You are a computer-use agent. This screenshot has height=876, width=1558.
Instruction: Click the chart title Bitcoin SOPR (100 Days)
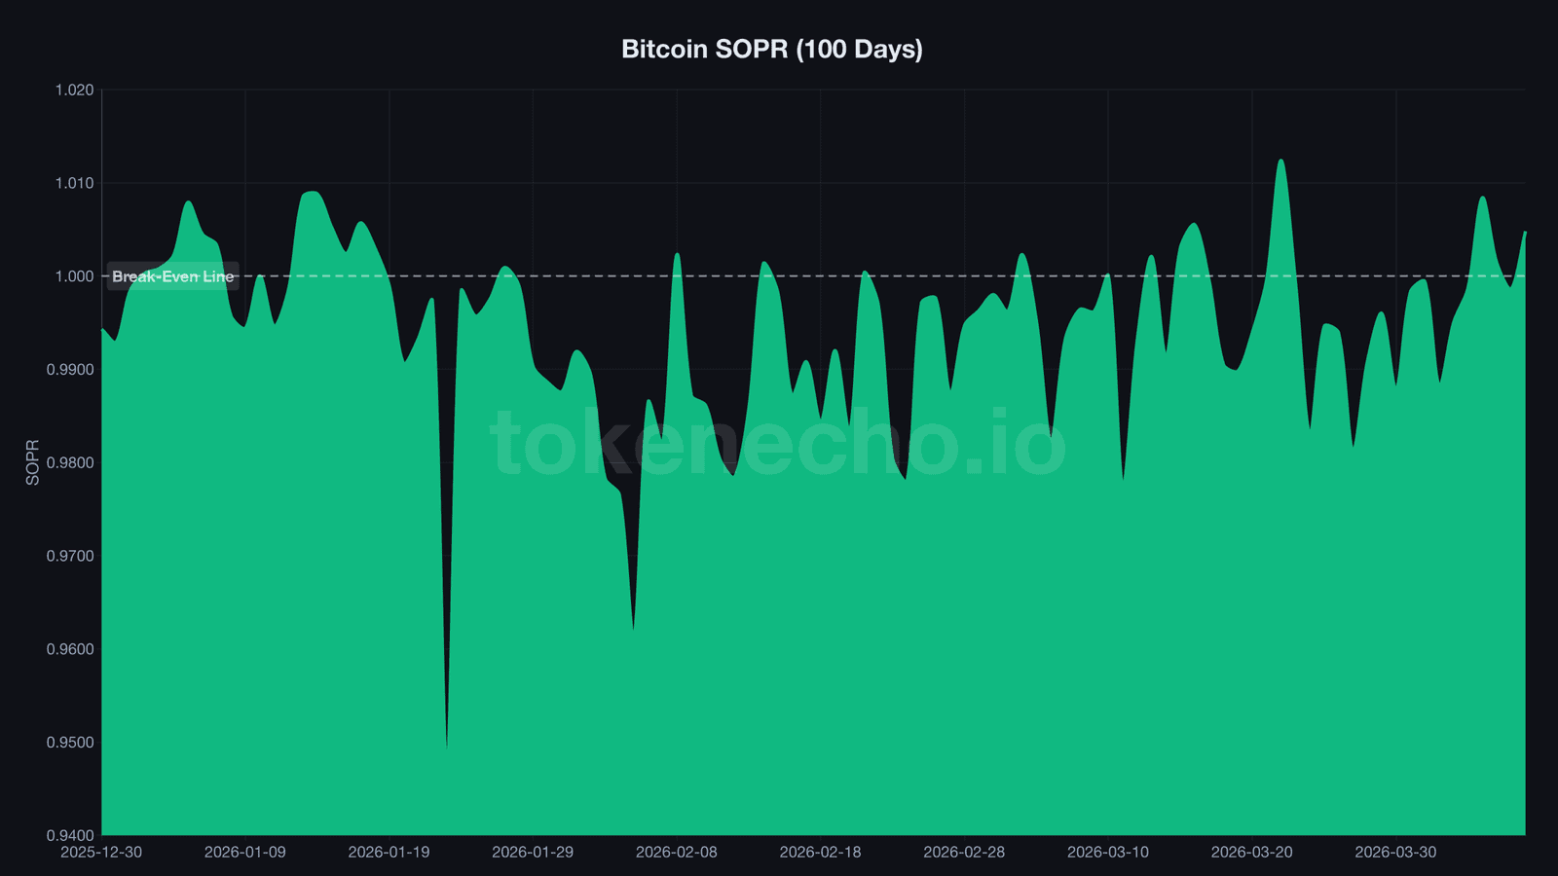pos(771,49)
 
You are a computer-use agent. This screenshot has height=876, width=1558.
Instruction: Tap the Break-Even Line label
pos(172,276)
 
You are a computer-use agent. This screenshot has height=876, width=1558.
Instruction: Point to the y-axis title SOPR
pos(32,462)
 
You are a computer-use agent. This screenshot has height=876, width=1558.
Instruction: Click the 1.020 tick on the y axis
pos(74,91)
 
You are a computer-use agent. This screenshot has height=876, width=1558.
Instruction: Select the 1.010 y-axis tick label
pos(74,183)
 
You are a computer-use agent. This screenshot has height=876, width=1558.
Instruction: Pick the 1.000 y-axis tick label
pos(74,276)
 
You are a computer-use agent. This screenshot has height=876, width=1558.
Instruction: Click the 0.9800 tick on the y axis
pos(70,463)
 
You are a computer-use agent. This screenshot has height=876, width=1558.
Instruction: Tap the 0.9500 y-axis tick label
pos(70,743)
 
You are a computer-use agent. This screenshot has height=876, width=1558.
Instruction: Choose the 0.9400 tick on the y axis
pos(70,835)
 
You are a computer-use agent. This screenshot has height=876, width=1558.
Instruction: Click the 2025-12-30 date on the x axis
pos(101,853)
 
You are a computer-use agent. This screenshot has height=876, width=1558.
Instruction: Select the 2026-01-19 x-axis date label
pos(389,853)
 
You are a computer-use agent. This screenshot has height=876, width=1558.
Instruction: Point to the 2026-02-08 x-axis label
pos(676,853)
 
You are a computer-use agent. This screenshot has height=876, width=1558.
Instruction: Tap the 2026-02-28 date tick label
pos(964,853)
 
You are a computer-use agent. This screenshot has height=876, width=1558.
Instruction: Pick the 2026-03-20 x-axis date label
pos(1251,853)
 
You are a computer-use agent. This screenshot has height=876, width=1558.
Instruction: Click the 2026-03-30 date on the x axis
pos(1395,853)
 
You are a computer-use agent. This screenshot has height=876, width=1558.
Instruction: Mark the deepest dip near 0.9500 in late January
pos(447,746)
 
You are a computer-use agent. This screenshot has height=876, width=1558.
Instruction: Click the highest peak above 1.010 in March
pos(1280,161)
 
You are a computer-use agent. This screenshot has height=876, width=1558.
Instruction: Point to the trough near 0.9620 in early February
pos(634,629)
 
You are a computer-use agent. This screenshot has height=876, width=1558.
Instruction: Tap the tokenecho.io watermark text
pos(777,443)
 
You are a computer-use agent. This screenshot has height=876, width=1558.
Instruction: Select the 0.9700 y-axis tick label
pos(70,557)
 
